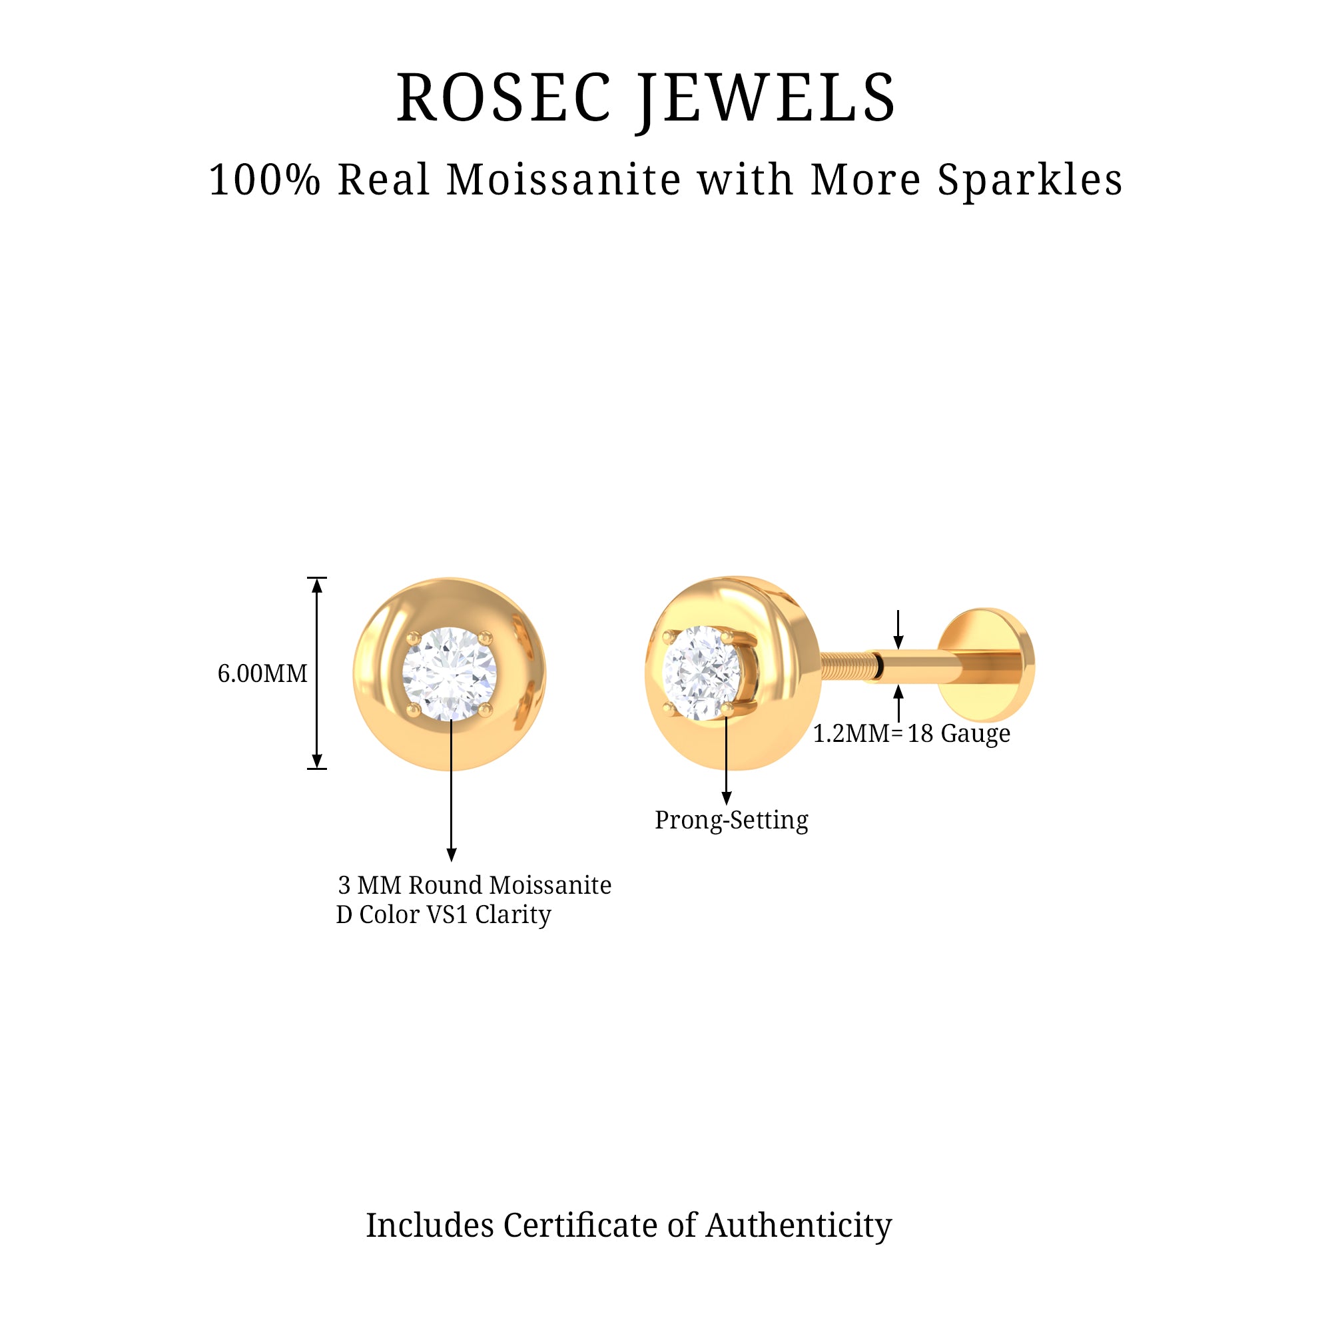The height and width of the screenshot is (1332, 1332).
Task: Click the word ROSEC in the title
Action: click(x=503, y=99)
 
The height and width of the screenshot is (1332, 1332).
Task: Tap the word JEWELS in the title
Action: click(x=767, y=99)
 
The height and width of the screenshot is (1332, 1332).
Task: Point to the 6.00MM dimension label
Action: click(x=262, y=673)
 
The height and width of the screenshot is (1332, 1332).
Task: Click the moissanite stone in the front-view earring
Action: click(x=450, y=673)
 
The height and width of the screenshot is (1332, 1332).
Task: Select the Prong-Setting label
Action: click(x=731, y=820)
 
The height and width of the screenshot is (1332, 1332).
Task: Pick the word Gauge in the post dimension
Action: click(x=976, y=733)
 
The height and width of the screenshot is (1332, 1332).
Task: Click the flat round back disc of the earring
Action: click(x=987, y=665)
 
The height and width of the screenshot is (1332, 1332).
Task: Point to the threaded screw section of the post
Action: click(x=844, y=667)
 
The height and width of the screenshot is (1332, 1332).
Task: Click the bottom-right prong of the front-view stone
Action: click(x=486, y=709)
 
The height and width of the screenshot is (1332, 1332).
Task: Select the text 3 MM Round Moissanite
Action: click(x=474, y=885)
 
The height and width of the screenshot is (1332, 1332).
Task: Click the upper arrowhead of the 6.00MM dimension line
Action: click(x=317, y=585)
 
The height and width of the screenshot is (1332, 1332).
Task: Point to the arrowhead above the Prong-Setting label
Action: click(x=726, y=799)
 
